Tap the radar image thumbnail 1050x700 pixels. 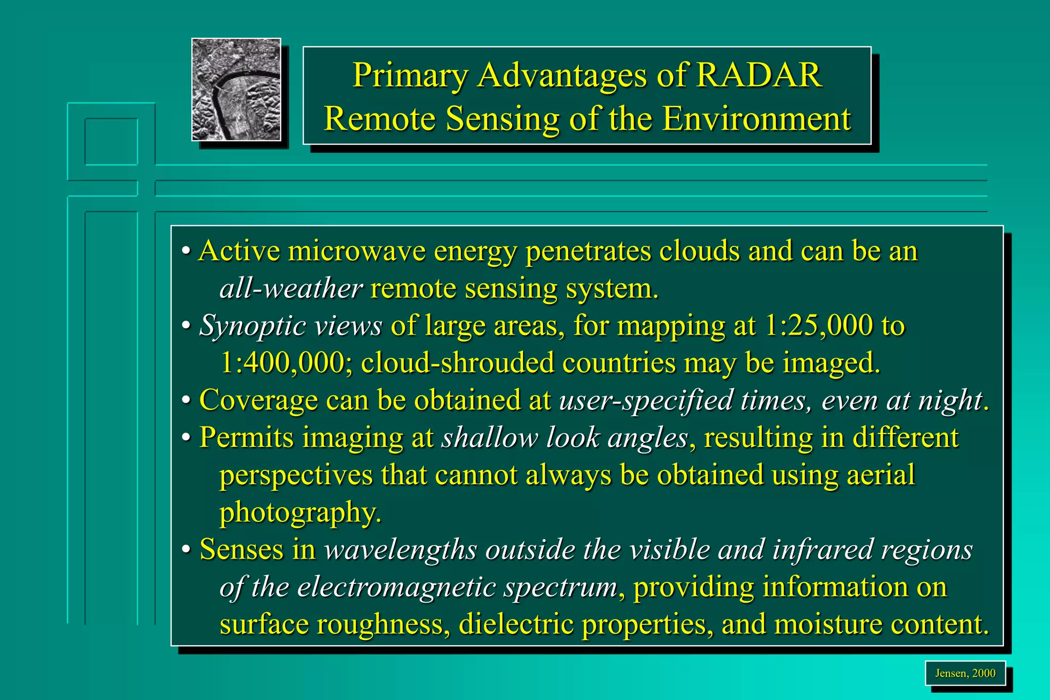point(236,90)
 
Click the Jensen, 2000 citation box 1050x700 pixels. point(965,673)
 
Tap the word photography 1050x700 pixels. point(300,512)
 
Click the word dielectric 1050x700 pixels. point(516,624)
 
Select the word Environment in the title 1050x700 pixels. point(756,119)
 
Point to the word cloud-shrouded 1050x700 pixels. point(457,363)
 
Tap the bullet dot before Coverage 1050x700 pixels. point(187,400)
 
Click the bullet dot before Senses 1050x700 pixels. point(187,550)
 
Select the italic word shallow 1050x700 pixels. point(490,438)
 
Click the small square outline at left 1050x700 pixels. point(111,142)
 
